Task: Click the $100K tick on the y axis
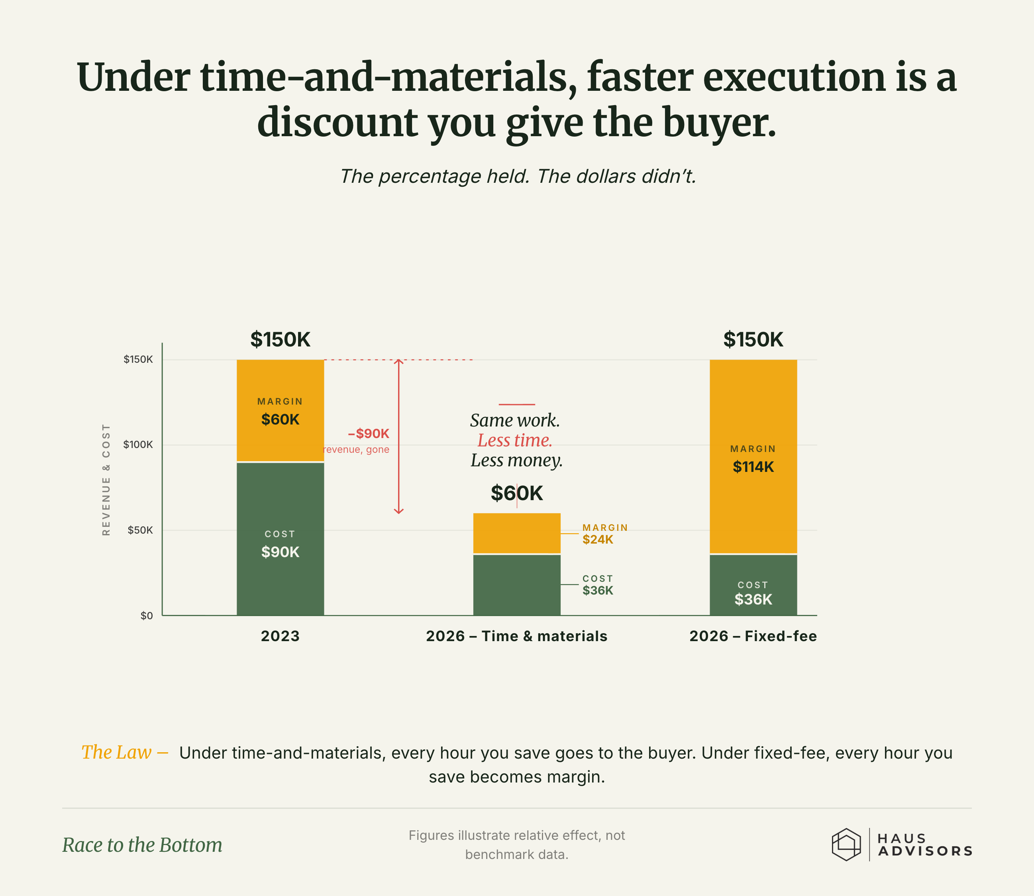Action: (x=138, y=444)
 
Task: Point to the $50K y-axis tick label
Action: (x=140, y=530)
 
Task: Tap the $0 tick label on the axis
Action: (x=147, y=616)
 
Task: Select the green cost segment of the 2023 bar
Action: (x=280, y=539)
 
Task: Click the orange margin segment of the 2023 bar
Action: (x=280, y=411)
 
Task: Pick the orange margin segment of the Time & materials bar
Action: (x=517, y=533)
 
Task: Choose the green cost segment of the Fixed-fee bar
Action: (x=753, y=585)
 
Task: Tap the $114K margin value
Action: (x=753, y=466)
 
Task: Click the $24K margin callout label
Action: (x=598, y=540)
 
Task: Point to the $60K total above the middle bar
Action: (x=517, y=493)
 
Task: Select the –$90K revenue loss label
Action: (x=369, y=434)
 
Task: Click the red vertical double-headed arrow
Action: (x=399, y=436)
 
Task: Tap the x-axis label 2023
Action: (x=280, y=636)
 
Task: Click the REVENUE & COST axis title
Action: (x=106, y=479)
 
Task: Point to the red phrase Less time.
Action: (x=515, y=440)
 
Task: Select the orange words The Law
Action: (x=117, y=752)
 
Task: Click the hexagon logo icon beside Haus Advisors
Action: (x=846, y=845)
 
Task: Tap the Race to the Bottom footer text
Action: (x=142, y=845)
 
